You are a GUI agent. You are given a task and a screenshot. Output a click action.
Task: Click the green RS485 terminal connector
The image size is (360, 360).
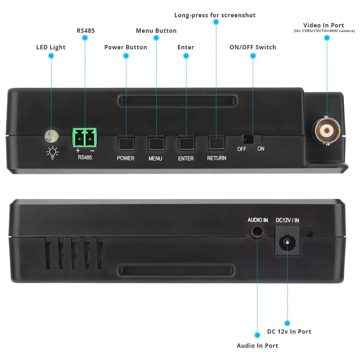[x=85, y=138]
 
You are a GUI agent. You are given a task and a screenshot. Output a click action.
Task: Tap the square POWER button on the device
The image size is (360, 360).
[x=126, y=143]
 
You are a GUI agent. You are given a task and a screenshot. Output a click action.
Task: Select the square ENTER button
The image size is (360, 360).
[x=186, y=143]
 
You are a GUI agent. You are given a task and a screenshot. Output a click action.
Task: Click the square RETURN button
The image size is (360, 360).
[x=216, y=143]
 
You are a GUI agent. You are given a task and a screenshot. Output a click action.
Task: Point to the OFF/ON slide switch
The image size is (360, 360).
[x=253, y=139]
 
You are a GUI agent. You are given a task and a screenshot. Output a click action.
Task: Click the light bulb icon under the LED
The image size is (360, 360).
[x=53, y=153]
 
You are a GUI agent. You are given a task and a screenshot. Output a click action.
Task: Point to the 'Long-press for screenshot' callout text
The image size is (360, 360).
[x=215, y=15]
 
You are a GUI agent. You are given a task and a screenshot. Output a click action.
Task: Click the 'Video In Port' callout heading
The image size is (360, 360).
[x=323, y=25]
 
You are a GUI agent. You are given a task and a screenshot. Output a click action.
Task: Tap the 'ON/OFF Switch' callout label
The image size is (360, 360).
[x=253, y=47]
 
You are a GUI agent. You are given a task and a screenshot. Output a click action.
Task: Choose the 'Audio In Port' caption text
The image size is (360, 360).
[x=257, y=346]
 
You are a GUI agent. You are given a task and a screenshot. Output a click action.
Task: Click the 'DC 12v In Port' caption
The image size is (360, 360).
[x=289, y=332]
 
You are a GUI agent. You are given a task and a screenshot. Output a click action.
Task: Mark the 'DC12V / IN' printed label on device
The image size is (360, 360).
[x=287, y=220]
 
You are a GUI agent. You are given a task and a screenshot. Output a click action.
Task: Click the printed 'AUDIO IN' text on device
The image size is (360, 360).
[x=258, y=220]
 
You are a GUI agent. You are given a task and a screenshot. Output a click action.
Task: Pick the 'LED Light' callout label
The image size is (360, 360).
[x=51, y=47]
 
